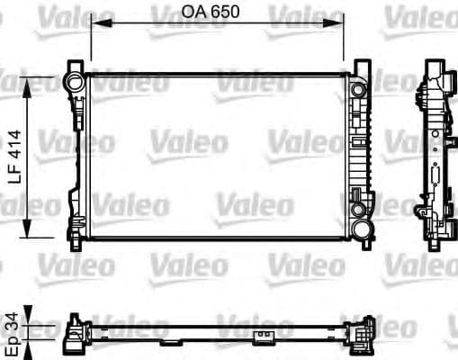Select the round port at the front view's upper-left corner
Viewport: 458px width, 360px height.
pyautogui.click(x=72, y=83)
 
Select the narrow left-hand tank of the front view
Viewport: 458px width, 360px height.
pyautogui.click(x=82, y=157)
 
